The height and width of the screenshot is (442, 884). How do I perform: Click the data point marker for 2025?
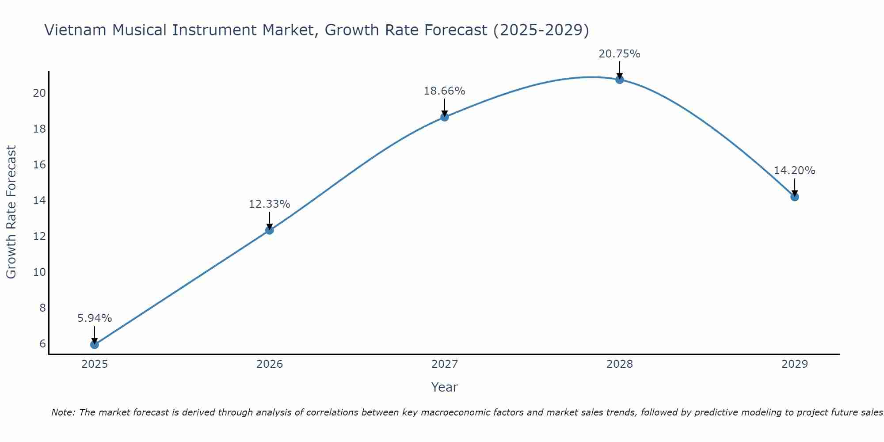click(94, 344)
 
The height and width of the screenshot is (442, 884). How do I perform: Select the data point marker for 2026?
click(269, 230)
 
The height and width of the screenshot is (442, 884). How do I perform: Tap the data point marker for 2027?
click(444, 117)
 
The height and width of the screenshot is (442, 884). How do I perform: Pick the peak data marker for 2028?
click(619, 80)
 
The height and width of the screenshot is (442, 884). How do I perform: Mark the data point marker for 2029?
click(794, 197)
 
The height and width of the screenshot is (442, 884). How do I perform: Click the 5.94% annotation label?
click(94, 318)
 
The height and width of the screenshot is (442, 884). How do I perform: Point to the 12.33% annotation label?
click(269, 204)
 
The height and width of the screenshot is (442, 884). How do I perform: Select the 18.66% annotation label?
click(444, 91)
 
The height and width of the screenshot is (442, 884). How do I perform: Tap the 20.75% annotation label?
click(619, 53)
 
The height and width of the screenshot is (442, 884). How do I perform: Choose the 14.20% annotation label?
click(794, 170)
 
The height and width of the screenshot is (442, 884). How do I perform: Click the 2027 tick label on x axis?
click(444, 364)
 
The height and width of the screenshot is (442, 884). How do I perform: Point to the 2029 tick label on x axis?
click(794, 364)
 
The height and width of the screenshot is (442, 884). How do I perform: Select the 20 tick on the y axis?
click(39, 93)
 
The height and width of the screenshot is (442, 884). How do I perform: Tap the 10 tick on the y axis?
click(39, 272)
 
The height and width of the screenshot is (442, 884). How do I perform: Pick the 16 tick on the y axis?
click(39, 164)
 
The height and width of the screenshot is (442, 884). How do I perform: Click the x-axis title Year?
click(444, 387)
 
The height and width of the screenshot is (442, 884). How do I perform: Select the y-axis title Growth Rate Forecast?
click(11, 212)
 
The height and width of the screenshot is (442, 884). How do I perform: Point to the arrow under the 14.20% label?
click(794, 187)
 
